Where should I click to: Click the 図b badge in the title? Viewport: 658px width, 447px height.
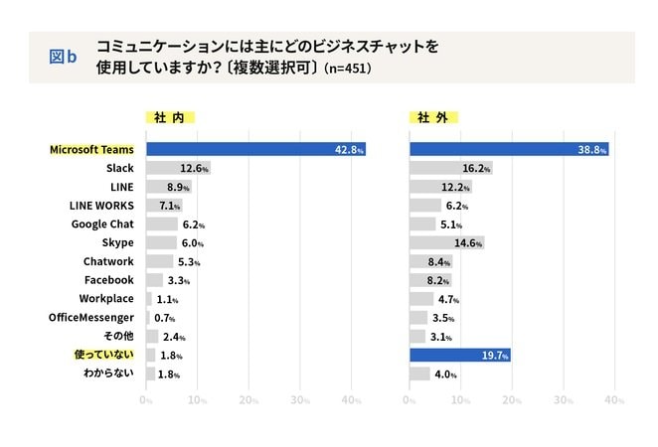point(63,57)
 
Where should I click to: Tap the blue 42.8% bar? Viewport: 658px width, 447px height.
point(255,149)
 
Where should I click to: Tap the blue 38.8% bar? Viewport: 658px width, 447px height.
point(509,149)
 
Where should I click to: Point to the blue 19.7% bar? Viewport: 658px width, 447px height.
point(459,355)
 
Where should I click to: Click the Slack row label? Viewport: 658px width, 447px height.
point(119,168)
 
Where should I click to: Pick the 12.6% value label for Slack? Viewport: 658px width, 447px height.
point(193,168)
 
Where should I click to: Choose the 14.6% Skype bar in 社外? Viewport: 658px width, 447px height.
point(446,242)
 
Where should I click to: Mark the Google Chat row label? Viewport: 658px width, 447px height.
point(102,223)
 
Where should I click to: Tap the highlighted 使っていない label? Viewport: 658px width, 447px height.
point(103,355)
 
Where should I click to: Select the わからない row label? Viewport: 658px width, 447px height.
point(106,373)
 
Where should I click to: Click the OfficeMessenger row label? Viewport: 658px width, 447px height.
point(91,317)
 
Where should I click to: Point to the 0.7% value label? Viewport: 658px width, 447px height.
point(164,318)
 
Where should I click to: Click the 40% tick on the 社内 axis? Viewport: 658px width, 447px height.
point(351,400)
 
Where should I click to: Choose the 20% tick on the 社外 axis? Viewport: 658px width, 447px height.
point(512,400)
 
